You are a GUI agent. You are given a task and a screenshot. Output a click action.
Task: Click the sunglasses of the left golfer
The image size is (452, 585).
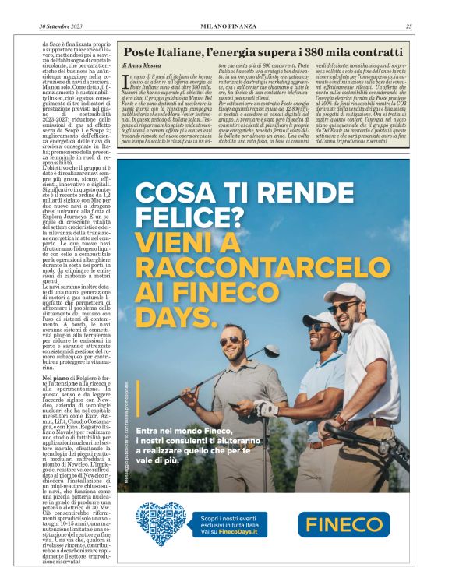[231, 340]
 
